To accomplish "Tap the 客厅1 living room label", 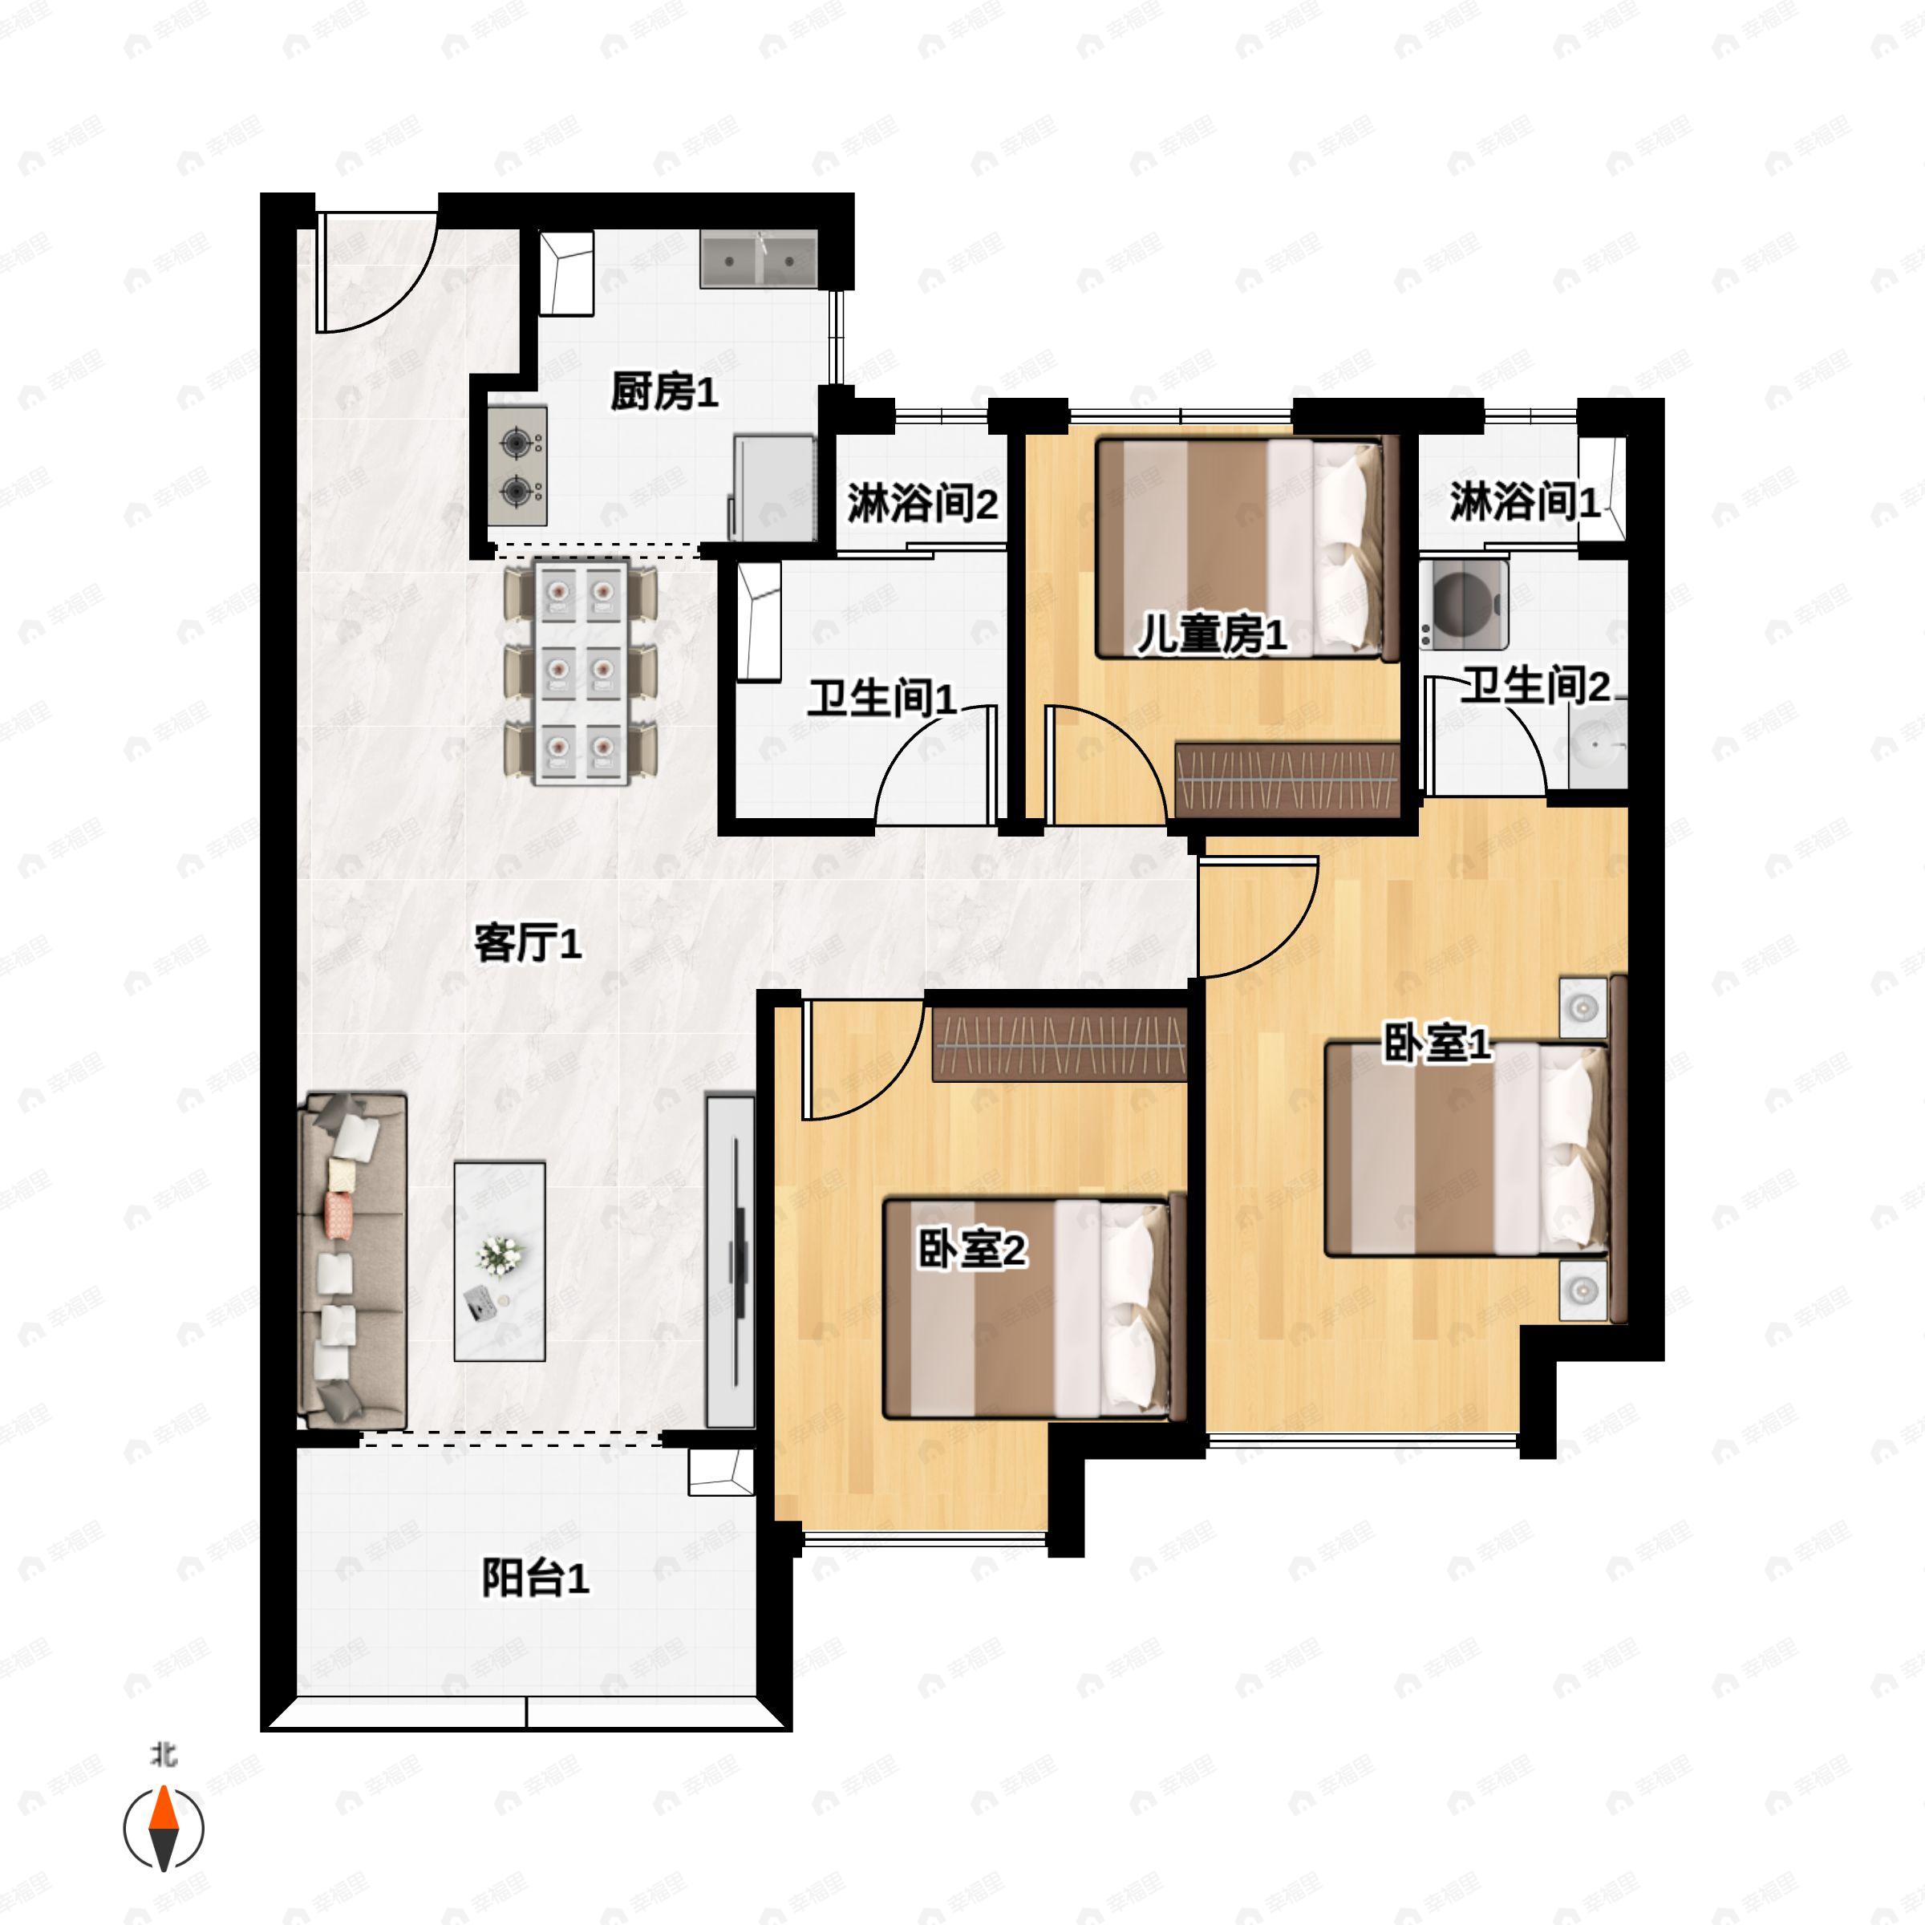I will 527,942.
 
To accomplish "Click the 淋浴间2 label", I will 922,503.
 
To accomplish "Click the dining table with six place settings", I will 581,673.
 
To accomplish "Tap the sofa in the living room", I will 353,1260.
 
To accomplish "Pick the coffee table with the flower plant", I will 499,1260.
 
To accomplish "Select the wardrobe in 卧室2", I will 1059,1044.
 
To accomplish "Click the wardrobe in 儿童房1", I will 1287,777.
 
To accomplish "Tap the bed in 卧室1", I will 1465,1148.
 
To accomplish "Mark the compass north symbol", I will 164,1829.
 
